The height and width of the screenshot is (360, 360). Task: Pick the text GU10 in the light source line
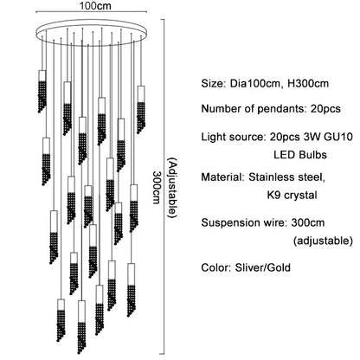pos(340,135)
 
